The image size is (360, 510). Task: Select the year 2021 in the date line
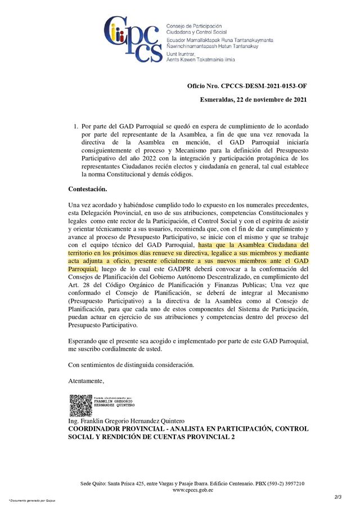click(298, 100)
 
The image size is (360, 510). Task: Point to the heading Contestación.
click(87, 189)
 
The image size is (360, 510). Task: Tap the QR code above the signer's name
click(80, 405)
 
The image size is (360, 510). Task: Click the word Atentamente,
click(86, 381)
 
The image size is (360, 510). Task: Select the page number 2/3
click(337, 497)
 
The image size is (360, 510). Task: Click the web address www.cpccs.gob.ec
click(192, 490)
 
